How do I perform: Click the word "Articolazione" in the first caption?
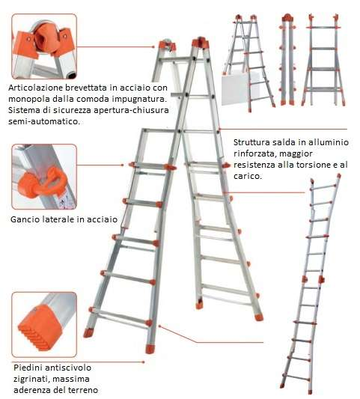[37, 88]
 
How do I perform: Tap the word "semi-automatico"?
[44, 121]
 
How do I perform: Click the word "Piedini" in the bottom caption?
[28, 368]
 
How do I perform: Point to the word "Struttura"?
[252, 142]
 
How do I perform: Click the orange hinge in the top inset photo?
[44, 40]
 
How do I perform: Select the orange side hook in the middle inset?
[43, 181]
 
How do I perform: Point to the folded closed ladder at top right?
[287, 59]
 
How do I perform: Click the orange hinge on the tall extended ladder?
[313, 279]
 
